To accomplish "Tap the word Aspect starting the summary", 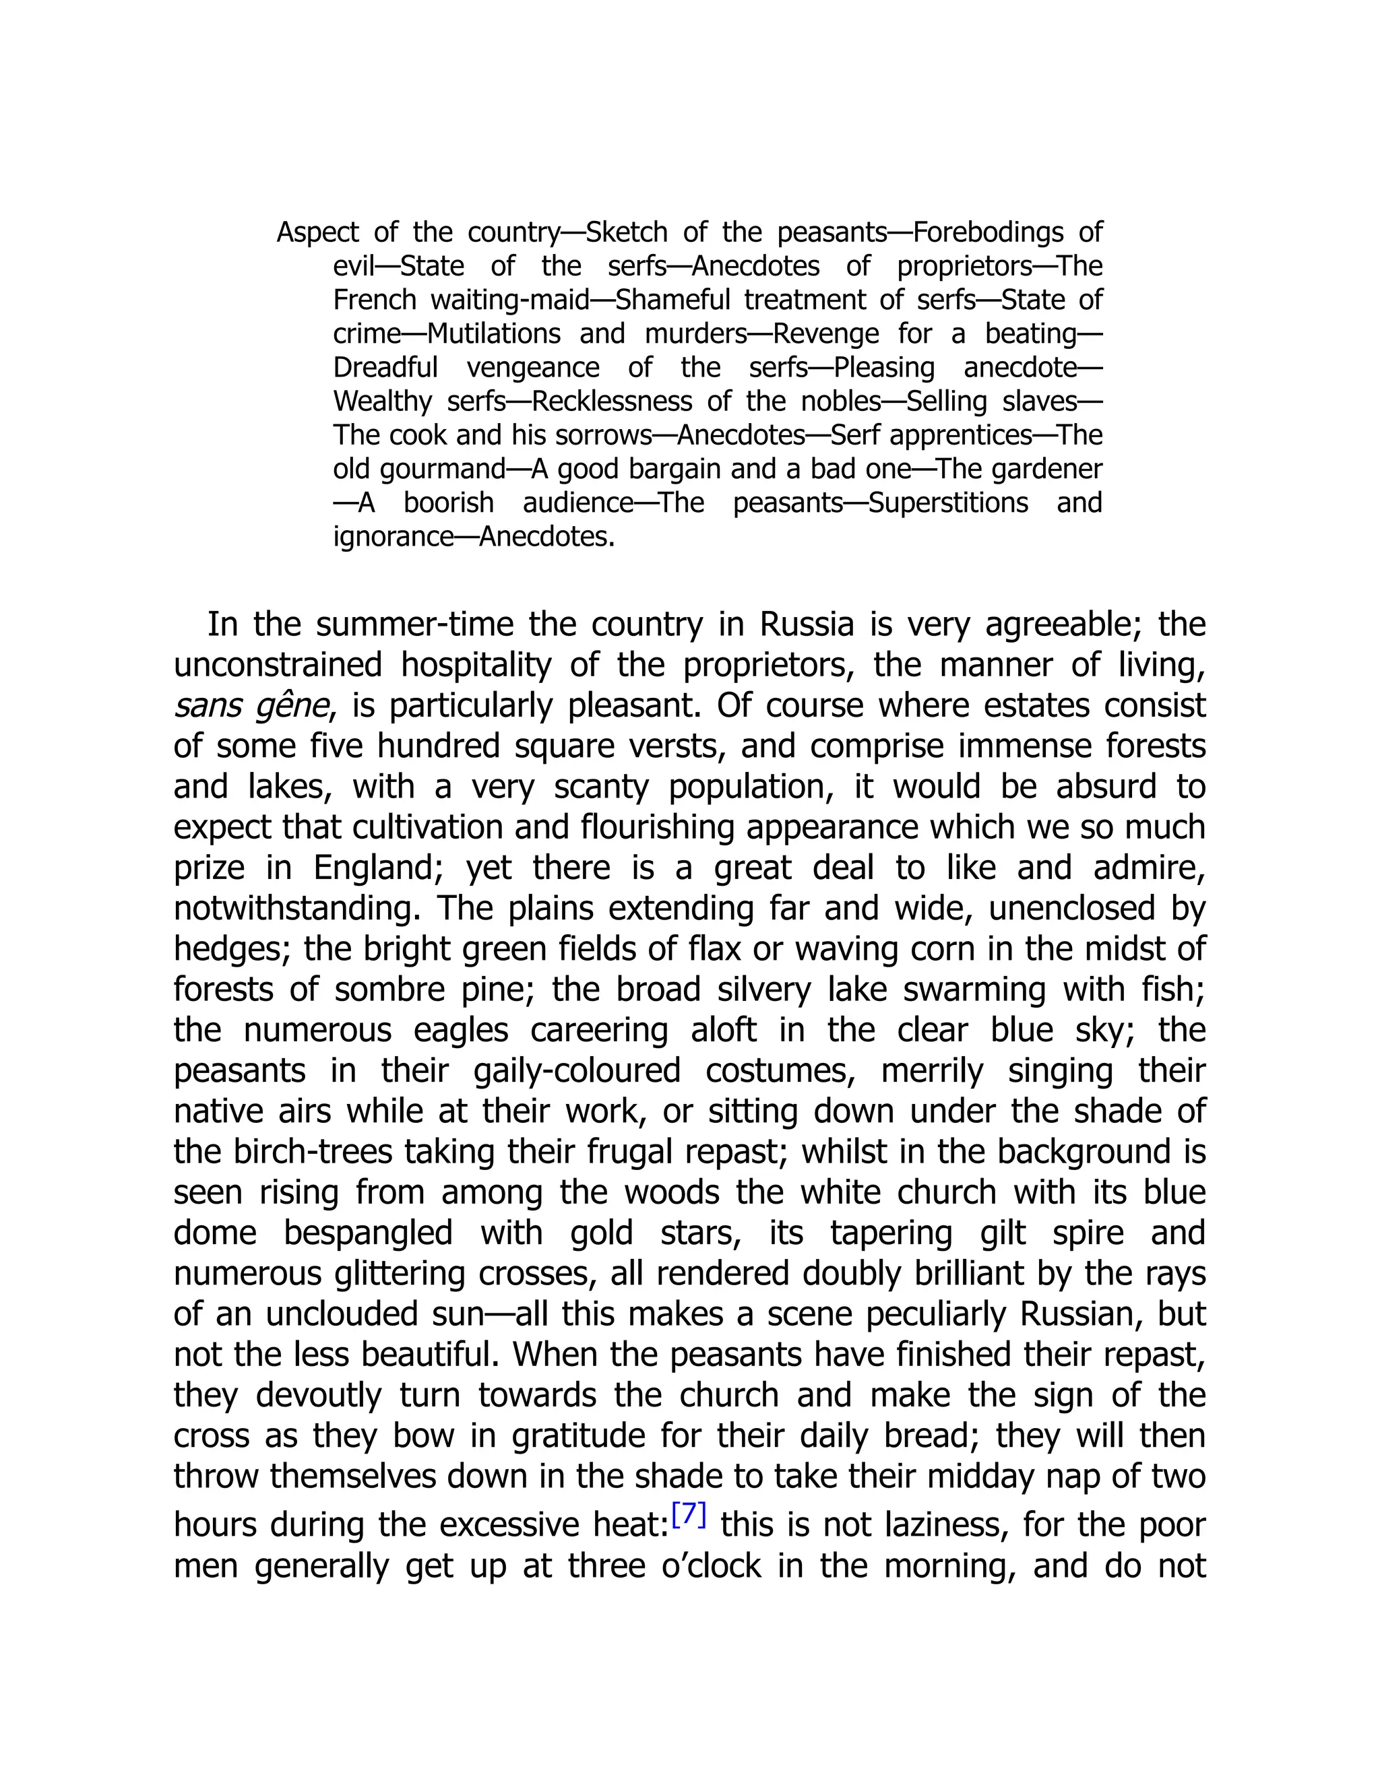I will pos(317,233).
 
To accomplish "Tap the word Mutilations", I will pos(494,334).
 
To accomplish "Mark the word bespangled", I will pos(368,1233).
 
